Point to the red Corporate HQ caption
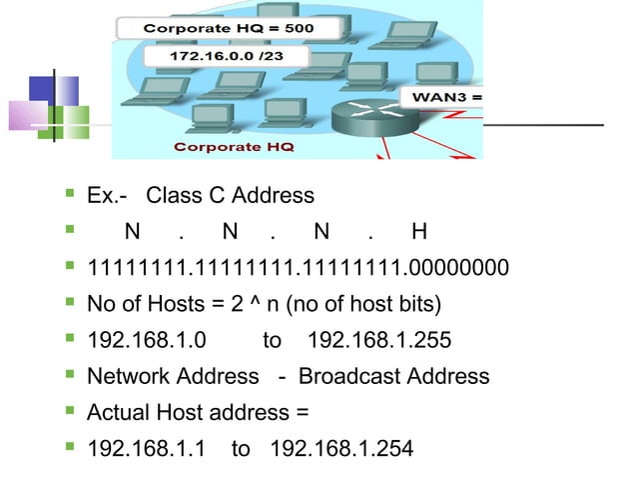pos(234,146)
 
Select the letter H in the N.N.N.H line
pos(418,232)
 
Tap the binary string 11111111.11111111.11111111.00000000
pos(298,268)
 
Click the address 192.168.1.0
pos(147,340)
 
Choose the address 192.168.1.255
pos(379,340)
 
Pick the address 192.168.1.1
pos(147,448)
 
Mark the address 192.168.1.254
pos(341,448)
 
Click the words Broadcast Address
pos(393,376)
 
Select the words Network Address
pos(173,376)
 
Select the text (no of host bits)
pos(362,304)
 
